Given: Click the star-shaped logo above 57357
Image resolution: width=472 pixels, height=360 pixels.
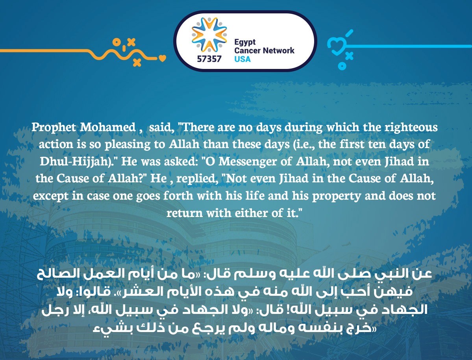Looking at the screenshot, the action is [x=209, y=35].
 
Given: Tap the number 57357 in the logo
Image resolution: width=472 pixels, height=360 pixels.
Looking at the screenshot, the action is [x=209, y=59].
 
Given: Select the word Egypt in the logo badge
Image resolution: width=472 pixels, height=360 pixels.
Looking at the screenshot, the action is [x=245, y=43].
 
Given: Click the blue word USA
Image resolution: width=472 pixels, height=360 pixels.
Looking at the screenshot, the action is [x=242, y=59].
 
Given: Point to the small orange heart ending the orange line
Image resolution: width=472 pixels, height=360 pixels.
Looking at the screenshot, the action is [x=162, y=58].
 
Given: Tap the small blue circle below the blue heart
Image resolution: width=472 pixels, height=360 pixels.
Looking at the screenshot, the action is [x=342, y=66].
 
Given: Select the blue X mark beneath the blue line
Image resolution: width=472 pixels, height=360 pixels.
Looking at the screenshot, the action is [x=349, y=56].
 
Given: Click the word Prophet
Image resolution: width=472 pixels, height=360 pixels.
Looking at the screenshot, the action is [x=54, y=127].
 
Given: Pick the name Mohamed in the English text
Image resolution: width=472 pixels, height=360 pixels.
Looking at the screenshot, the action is [x=108, y=127].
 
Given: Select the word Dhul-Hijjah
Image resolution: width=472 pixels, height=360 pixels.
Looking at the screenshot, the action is [x=76, y=162].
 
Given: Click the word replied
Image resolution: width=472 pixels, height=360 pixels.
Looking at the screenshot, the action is [x=196, y=179].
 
